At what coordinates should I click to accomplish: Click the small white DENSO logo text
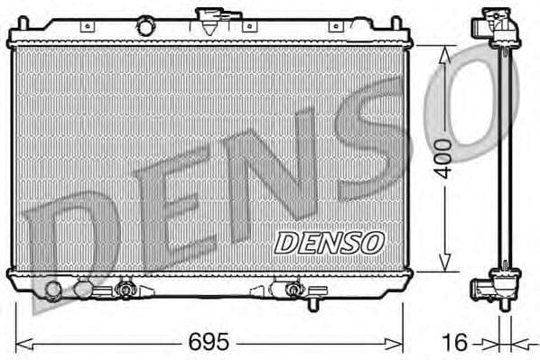tap(329, 241)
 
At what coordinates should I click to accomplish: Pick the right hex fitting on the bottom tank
tap(292, 291)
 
